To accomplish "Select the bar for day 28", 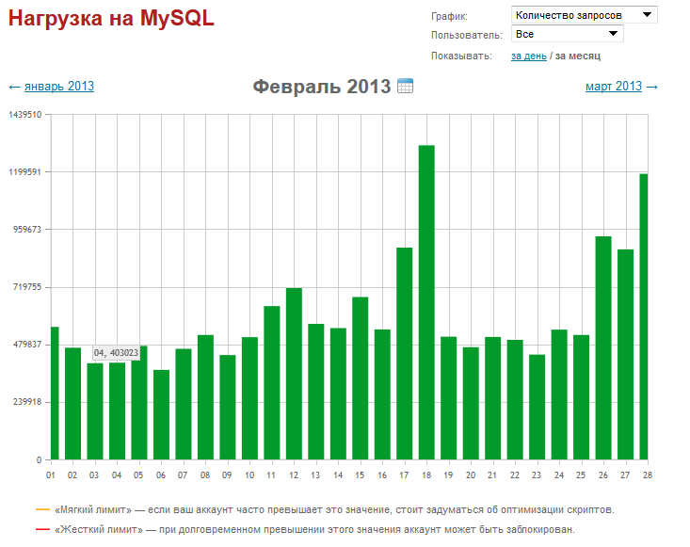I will pyautogui.click(x=644, y=316).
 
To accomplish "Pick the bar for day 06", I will pyautogui.click(x=161, y=414).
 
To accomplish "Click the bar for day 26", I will pyautogui.click(x=603, y=347).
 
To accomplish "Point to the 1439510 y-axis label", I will pyautogui.click(x=25, y=114).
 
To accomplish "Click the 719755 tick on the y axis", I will pyautogui.click(x=25, y=287).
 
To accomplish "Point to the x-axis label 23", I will pyautogui.click(x=537, y=475).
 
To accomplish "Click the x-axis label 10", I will pyautogui.click(x=249, y=475).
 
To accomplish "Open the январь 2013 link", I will pyautogui.click(x=59, y=87).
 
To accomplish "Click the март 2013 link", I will pyautogui.click(x=614, y=87).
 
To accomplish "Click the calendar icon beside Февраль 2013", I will pyautogui.click(x=406, y=87).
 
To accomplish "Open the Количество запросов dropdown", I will pyautogui.click(x=584, y=15).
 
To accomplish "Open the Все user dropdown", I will pyautogui.click(x=568, y=34).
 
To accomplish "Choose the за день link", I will pyautogui.click(x=528, y=56).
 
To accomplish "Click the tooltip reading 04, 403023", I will pyautogui.click(x=116, y=353).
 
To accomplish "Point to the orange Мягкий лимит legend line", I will pyautogui.click(x=41, y=509).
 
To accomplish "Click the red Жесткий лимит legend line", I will pyautogui.click(x=41, y=529).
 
